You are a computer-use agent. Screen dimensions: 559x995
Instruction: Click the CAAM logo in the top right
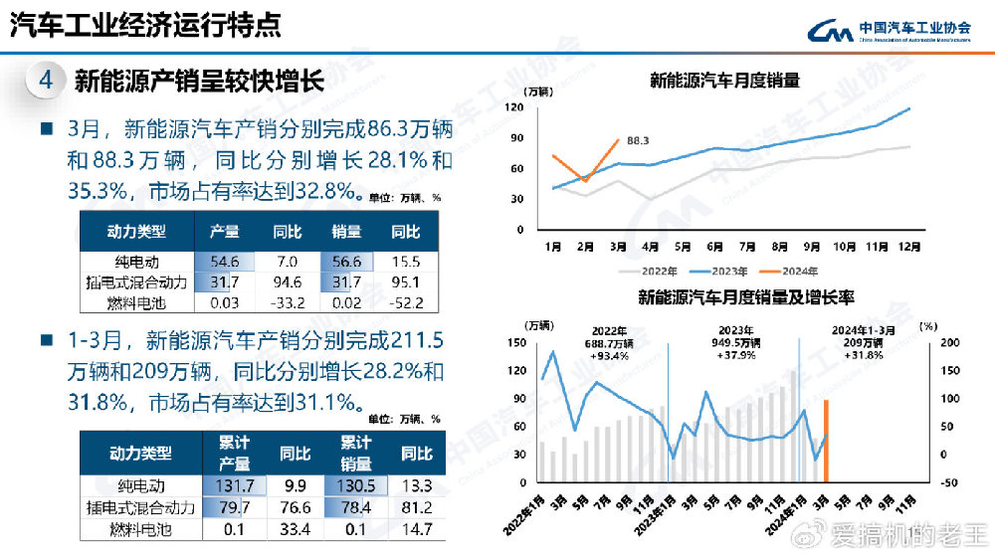tap(895, 31)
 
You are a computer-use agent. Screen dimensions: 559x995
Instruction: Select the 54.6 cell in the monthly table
tap(224, 262)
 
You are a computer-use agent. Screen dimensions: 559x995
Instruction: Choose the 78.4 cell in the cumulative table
tap(355, 507)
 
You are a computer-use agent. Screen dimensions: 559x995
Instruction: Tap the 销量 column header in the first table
tap(346, 232)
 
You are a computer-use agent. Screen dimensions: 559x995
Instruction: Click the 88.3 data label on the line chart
tap(638, 141)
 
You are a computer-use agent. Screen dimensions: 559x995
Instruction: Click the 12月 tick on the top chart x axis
tap(908, 245)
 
